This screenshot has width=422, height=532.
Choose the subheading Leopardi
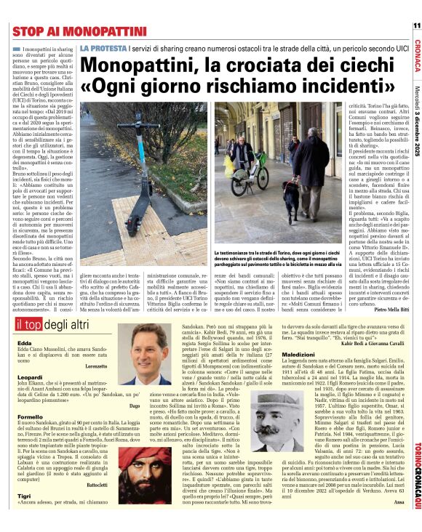[23, 378]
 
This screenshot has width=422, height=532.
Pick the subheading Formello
[24, 416]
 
